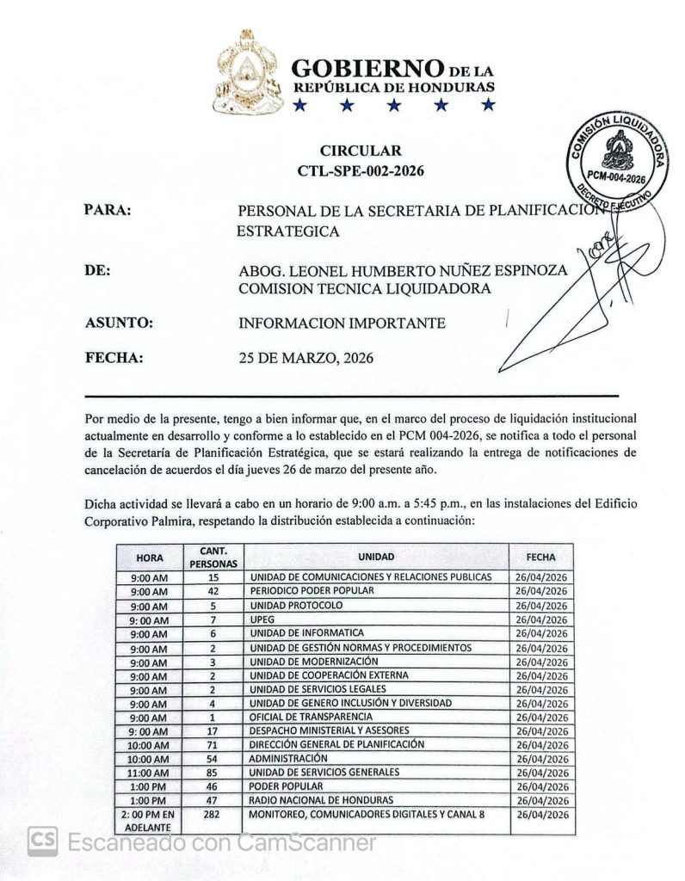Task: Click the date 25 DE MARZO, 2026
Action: pyautogui.click(x=306, y=358)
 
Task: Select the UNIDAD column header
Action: pyautogui.click(x=377, y=557)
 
